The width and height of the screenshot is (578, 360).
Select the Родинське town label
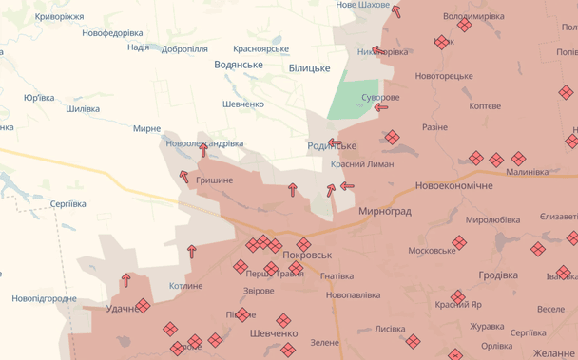(x=332, y=145)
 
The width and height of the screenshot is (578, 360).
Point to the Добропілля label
(x=184, y=48)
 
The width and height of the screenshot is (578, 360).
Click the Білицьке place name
(x=309, y=68)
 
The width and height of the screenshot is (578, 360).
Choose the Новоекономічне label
(x=453, y=185)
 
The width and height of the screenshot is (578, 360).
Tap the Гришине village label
(x=214, y=180)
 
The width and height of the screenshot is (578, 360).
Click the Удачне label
(x=123, y=309)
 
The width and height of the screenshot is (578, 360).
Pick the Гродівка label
(x=498, y=275)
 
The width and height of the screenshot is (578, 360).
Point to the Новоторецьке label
(x=443, y=76)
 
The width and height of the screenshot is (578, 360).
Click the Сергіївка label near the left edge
(x=67, y=204)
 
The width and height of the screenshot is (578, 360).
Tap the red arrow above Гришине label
(x=203, y=150)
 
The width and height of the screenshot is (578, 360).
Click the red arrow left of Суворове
(x=381, y=107)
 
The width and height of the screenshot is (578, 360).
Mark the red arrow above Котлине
(x=192, y=252)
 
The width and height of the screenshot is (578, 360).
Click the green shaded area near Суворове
(x=353, y=98)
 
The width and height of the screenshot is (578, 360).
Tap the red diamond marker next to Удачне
(x=143, y=306)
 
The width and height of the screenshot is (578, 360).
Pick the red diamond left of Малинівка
(x=519, y=159)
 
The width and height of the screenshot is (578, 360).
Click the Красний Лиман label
(x=362, y=164)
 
